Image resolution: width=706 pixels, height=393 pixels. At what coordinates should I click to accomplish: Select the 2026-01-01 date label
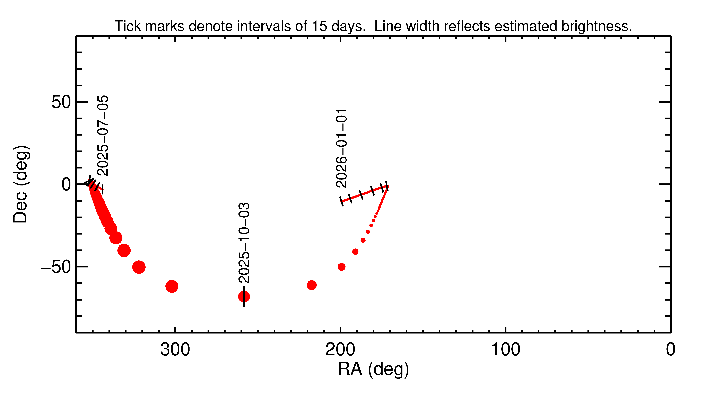coord(341,148)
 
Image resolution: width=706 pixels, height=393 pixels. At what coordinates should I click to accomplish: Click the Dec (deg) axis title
coord(21,184)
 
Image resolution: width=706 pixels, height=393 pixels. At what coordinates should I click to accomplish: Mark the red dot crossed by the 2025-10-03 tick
coord(244,297)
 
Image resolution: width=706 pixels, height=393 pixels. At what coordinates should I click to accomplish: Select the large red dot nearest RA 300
coord(172,286)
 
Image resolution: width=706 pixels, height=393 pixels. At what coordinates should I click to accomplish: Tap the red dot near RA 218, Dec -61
coord(312,285)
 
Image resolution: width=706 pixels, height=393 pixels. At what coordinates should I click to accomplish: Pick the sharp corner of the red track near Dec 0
coord(387,187)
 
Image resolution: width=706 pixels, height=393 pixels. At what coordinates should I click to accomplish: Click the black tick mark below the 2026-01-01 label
coord(341,201)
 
